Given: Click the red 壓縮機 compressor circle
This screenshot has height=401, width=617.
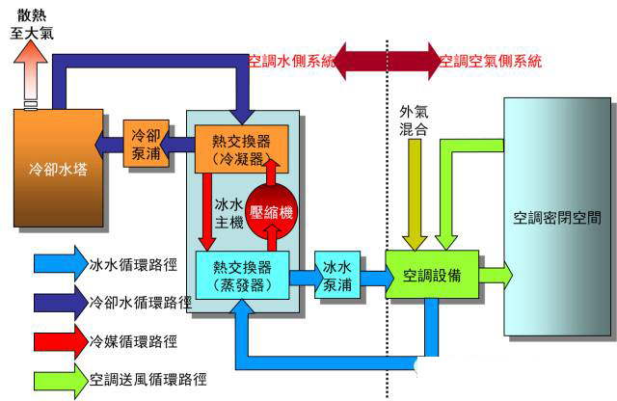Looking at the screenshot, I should click(x=273, y=212).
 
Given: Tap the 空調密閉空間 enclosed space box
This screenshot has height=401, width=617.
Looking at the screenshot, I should click(x=558, y=215).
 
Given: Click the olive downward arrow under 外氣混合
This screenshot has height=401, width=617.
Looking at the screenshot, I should click(x=415, y=194).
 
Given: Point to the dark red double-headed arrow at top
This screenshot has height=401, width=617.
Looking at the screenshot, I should click(x=388, y=61).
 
